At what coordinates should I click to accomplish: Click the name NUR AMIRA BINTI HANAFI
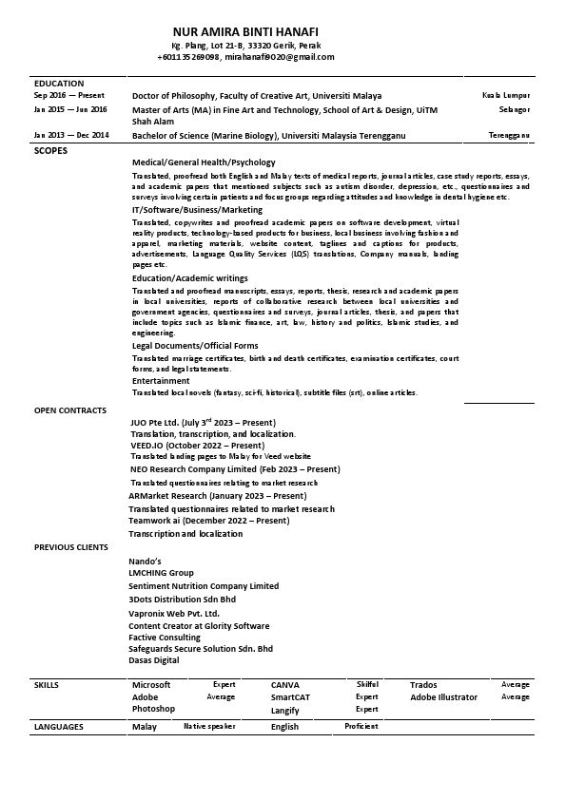click(244, 31)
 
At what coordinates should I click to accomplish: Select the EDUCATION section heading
click(59, 84)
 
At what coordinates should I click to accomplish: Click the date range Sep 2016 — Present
click(68, 96)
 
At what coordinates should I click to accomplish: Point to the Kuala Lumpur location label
click(506, 96)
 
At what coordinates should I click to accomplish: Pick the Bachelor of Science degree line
click(268, 136)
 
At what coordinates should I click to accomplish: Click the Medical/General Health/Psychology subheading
click(204, 162)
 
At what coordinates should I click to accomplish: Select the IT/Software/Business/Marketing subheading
click(197, 209)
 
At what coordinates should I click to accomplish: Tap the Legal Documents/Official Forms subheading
click(195, 346)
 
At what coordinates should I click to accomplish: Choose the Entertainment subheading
click(160, 380)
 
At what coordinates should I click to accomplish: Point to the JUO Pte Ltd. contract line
click(203, 422)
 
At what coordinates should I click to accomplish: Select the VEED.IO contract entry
click(197, 445)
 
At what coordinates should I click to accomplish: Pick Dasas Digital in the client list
click(153, 659)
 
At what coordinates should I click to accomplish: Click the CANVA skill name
click(285, 684)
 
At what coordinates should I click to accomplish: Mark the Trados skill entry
click(423, 684)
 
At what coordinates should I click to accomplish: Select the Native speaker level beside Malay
click(208, 726)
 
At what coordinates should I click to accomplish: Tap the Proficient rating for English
click(361, 726)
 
